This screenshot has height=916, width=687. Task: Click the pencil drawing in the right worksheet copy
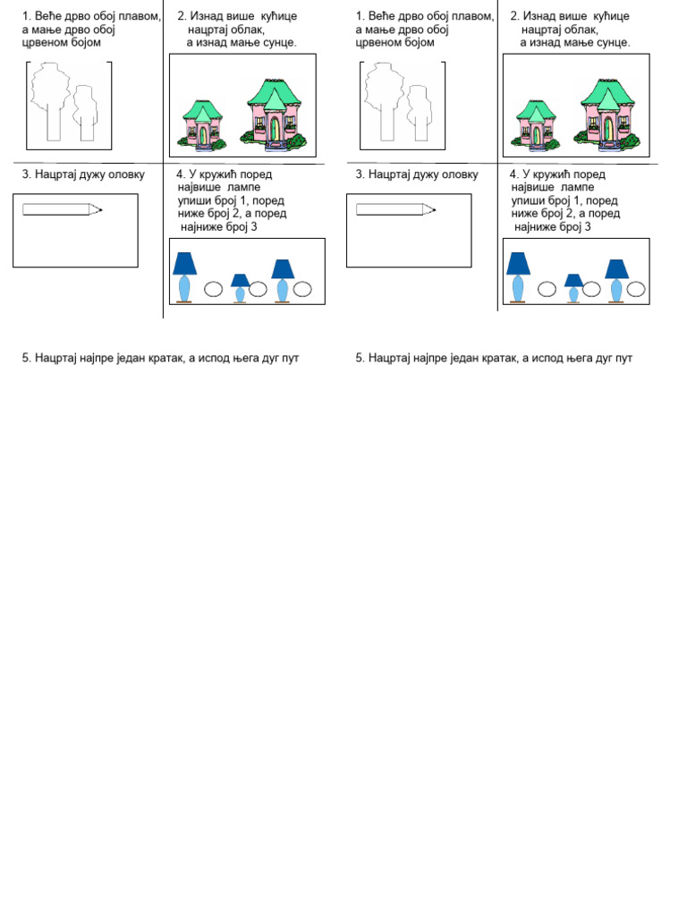[x=394, y=209]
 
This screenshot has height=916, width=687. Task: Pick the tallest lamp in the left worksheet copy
[x=184, y=276]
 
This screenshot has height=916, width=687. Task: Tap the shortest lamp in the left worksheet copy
[x=240, y=288]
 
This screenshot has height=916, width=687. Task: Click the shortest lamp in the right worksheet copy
[x=573, y=288]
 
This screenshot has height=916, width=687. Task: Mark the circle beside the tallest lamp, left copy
[x=213, y=289]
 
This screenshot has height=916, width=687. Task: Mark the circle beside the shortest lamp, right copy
[x=591, y=289]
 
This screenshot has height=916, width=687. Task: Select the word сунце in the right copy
[x=610, y=42]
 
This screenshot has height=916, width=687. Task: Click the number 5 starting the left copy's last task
[x=26, y=358]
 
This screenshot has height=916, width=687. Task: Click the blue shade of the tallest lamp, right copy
[x=518, y=263]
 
